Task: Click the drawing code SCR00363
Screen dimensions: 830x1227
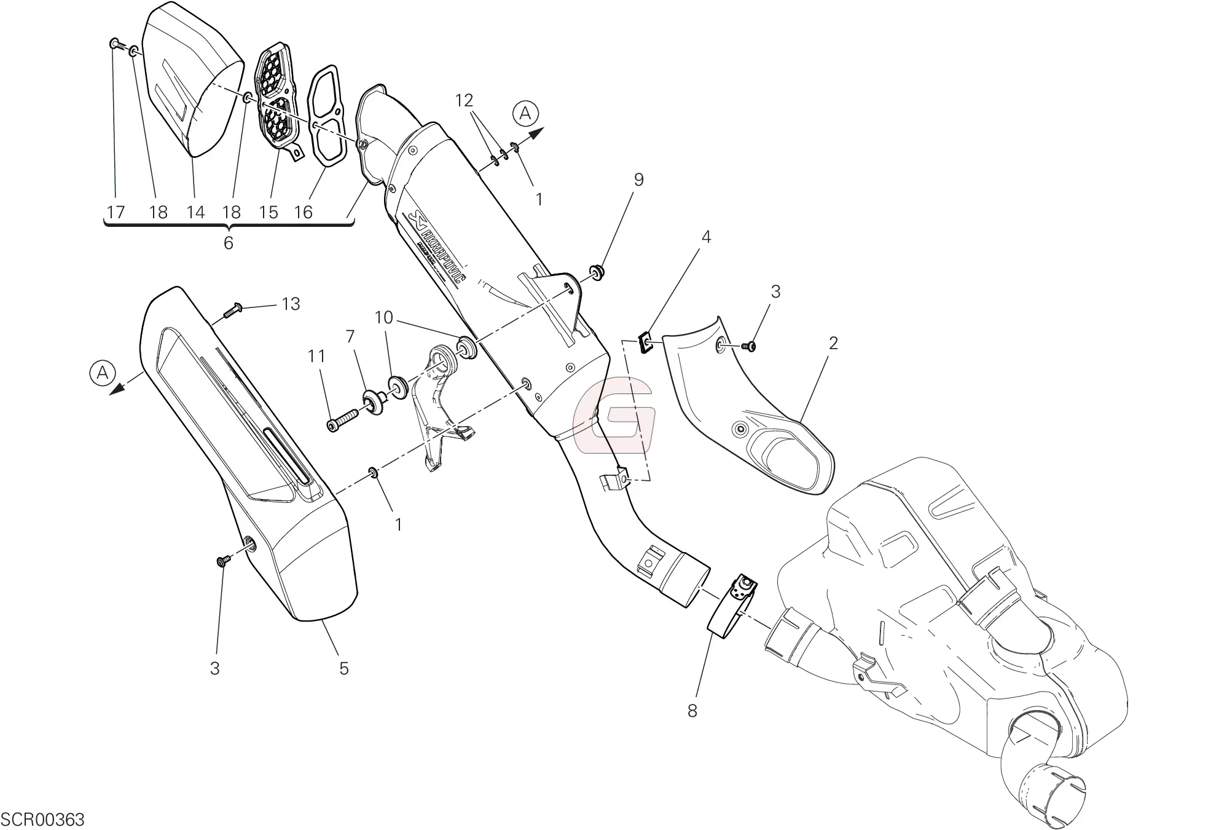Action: coord(43,820)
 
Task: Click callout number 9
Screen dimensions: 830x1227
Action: coord(638,180)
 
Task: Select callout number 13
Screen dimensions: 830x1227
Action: coord(291,304)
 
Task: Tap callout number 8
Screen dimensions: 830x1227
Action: coord(692,711)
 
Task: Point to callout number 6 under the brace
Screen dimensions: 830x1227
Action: coord(228,243)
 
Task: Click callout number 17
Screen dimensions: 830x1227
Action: coord(116,213)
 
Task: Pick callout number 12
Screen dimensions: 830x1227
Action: coord(465,100)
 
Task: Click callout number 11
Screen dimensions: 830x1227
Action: coord(316,356)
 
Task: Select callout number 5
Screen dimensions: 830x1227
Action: coord(343,668)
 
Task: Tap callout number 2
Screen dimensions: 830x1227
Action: coord(833,342)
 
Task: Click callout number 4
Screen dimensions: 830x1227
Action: coord(706,237)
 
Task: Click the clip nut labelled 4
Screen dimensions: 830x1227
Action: coord(646,342)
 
